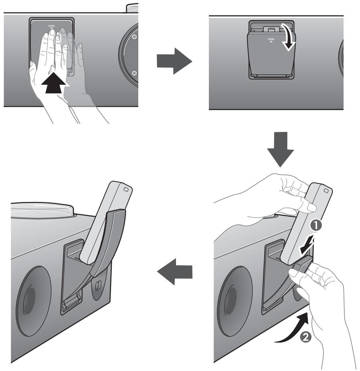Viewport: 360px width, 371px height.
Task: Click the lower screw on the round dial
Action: point(134,73)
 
